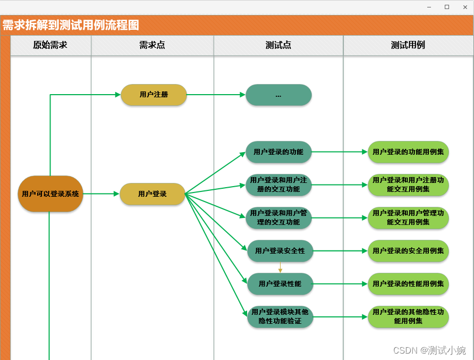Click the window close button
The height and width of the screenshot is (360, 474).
pos(465,7)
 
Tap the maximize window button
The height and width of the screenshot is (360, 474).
pos(447,7)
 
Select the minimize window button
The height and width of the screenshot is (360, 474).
pos(429,7)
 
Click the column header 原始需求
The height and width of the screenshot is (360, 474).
pos(50,45)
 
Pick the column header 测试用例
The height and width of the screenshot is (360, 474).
pos(408,45)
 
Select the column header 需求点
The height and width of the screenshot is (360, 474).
pos(152,45)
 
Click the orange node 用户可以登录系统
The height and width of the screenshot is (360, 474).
pos(50,194)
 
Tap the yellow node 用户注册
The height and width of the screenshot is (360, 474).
pos(154,95)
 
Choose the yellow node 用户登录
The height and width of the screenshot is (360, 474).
pos(153,194)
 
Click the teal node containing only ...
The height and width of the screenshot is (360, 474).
pos(278,95)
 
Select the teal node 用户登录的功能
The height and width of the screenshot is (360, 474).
pos(278,152)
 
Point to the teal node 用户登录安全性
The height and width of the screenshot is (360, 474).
pos(280,251)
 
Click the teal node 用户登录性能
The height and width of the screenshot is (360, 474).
pos(280,284)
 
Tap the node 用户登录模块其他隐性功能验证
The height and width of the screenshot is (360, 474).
pos(280,317)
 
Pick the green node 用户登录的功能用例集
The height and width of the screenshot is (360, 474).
pos(408,152)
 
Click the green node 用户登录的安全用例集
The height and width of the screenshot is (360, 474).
pos(408,251)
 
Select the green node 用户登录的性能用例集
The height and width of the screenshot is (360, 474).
pos(408,284)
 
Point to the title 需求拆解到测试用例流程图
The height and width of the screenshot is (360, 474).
pos(71,25)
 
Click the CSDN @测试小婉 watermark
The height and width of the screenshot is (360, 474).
pos(429,350)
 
